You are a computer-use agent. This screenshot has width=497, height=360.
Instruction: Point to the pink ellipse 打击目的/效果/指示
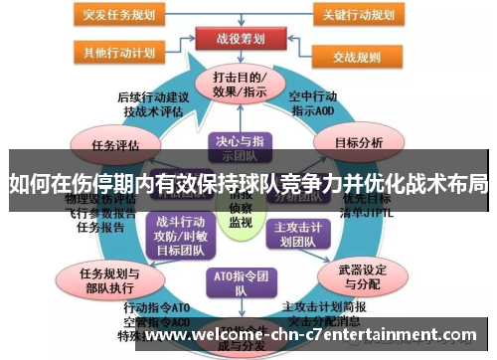239,85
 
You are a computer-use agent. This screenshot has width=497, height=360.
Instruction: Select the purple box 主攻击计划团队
299,232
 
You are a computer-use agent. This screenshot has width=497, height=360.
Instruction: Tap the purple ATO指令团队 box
238,282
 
